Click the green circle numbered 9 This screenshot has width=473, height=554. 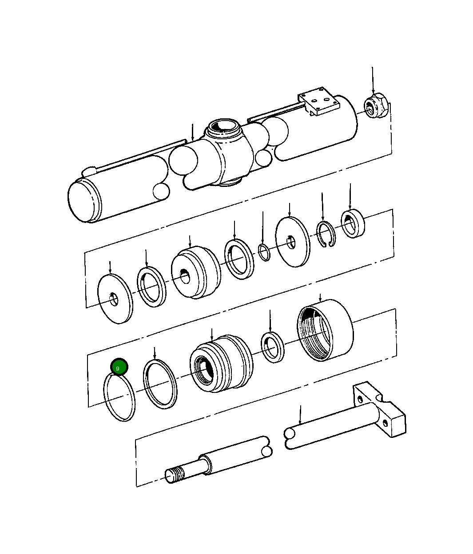coord(119,367)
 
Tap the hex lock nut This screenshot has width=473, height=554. coord(376,107)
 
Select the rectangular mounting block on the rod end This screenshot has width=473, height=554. coord(380,409)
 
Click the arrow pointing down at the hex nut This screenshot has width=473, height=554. coord(373,80)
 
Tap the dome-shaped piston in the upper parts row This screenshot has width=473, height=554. coord(195,274)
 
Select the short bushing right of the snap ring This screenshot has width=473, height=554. coord(353,224)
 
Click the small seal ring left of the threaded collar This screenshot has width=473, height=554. coord(272,346)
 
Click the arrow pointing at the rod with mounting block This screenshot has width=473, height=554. coord(300,414)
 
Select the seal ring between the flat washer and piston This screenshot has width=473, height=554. coord(151,287)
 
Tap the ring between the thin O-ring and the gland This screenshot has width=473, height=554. coord(160,384)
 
